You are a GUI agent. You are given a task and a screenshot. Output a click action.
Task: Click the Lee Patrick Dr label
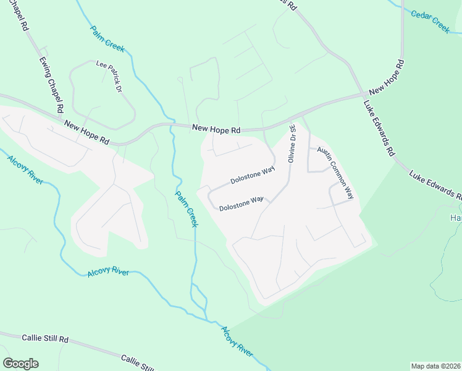[x=109, y=76]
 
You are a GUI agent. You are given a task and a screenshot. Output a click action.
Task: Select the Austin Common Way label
[x=335, y=172]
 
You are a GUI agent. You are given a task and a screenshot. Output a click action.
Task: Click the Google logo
[x=20, y=364]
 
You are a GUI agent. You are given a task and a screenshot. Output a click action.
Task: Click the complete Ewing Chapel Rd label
[x=52, y=85]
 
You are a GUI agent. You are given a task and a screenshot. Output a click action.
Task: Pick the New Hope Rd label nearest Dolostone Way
[x=216, y=129]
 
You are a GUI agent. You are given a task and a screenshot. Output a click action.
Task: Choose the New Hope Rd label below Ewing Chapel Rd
[x=86, y=132]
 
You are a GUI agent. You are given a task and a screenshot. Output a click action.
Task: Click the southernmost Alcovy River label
[x=237, y=341]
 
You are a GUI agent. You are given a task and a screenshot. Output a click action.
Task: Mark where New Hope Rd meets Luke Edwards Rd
[x=363, y=95]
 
